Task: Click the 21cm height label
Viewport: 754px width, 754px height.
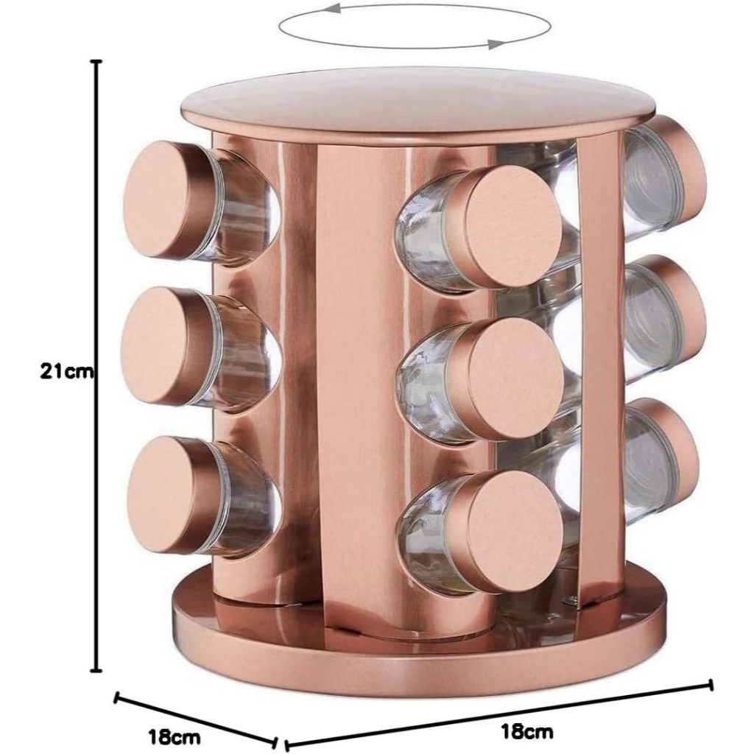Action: click(66, 371)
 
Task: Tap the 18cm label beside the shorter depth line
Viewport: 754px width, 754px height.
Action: click(174, 736)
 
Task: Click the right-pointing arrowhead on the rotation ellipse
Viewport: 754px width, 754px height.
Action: click(497, 45)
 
